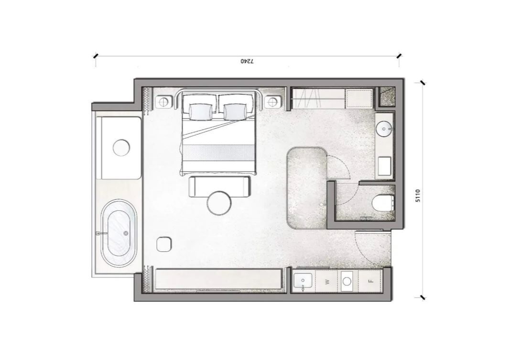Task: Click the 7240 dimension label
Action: pyautogui.click(x=248, y=61)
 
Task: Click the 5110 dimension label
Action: pyautogui.click(x=418, y=196)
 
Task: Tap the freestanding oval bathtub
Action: pyautogui.click(x=119, y=233)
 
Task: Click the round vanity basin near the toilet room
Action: pyautogui.click(x=384, y=129)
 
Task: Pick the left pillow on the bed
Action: pyautogui.click(x=200, y=112)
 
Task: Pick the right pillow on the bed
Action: pyautogui.click(x=235, y=112)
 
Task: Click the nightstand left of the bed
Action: pyautogui.click(x=163, y=102)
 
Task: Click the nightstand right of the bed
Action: pyautogui.click(x=271, y=102)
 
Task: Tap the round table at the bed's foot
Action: pyautogui.click(x=219, y=203)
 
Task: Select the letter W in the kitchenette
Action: pyautogui.click(x=327, y=282)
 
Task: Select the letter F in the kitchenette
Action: pyautogui.click(x=371, y=281)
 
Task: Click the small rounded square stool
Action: pyautogui.click(x=164, y=244)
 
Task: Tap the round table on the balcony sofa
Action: pyautogui.click(x=121, y=148)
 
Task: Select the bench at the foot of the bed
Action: pyautogui.click(x=219, y=186)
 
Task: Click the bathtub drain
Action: pyautogui.click(x=126, y=233)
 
